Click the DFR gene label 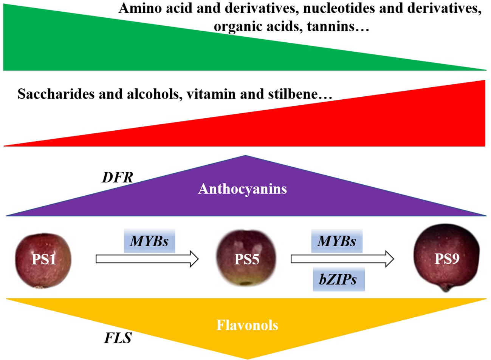117,177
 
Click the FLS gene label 118,338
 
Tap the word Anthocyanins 242,189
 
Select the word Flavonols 247,325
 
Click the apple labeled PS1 43,260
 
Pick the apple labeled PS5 246,259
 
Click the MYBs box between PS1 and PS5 149,241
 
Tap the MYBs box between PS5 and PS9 337,241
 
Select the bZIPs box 339,280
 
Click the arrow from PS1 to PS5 147,259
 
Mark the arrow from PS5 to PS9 342,259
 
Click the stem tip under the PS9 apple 446,290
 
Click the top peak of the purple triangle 245,156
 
